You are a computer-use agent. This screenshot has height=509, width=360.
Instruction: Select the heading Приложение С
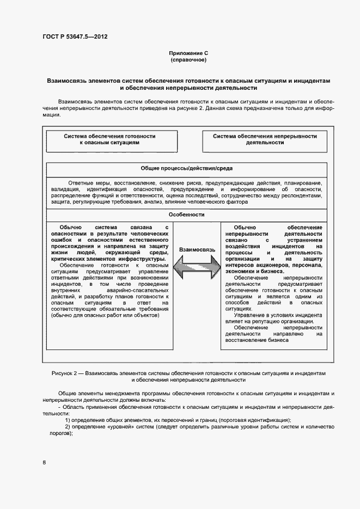(188, 53)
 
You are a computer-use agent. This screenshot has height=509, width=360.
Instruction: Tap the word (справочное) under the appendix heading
(188, 60)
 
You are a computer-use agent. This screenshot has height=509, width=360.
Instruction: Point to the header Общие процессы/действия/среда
(187, 169)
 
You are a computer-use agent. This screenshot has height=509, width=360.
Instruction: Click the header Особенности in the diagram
(187, 214)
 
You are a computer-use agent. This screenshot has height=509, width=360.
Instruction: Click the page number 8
(45, 462)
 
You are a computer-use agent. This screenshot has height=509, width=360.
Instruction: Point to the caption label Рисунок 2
(65, 373)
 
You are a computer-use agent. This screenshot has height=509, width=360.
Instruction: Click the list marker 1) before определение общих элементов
(68, 420)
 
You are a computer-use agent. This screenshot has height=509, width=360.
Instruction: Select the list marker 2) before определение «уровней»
(68, 426)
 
